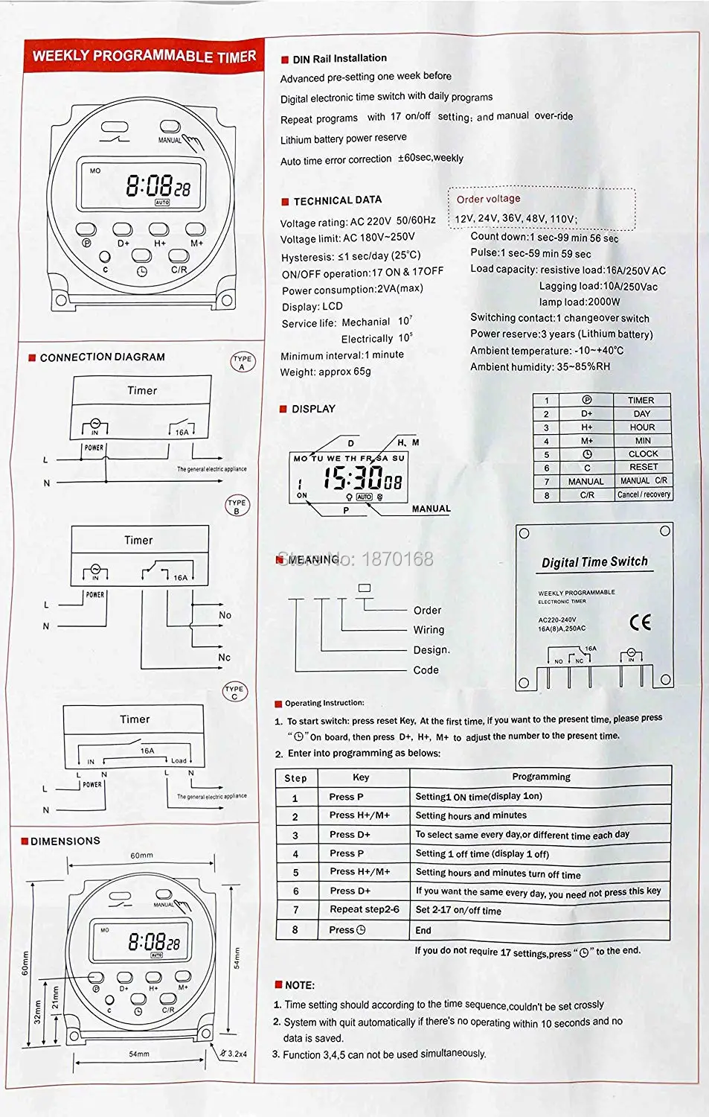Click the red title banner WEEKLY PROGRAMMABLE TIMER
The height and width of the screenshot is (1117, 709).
(x=144, y=56)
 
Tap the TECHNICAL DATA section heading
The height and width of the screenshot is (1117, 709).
(x=337, y=200)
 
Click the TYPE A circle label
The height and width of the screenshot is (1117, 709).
(x=242, y=363)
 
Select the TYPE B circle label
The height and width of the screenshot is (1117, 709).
(x=237, y=506)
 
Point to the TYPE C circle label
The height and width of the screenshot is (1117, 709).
(x=234, y=693)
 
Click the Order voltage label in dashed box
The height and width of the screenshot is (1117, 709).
(x=488, y=199)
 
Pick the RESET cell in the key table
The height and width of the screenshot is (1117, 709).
(x=643, y=467)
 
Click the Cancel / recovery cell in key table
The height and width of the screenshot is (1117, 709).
(x=644, y=494)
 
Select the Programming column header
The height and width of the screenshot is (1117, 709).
(x=541, y=777)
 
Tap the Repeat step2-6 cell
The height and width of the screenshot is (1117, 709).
(x=365, y=909)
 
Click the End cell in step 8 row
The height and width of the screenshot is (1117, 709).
(x=423, y=930)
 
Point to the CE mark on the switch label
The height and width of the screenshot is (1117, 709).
(x=640, y=622)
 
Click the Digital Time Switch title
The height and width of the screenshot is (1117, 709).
(x=594, y=562)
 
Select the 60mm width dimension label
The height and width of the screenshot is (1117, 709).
(x=141, y=856)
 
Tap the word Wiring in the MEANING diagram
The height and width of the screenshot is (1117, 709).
(x=429, y=630)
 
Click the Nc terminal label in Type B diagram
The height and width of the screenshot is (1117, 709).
(x=224, y=658)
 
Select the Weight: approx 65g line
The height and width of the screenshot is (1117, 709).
(x=325, y=372)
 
